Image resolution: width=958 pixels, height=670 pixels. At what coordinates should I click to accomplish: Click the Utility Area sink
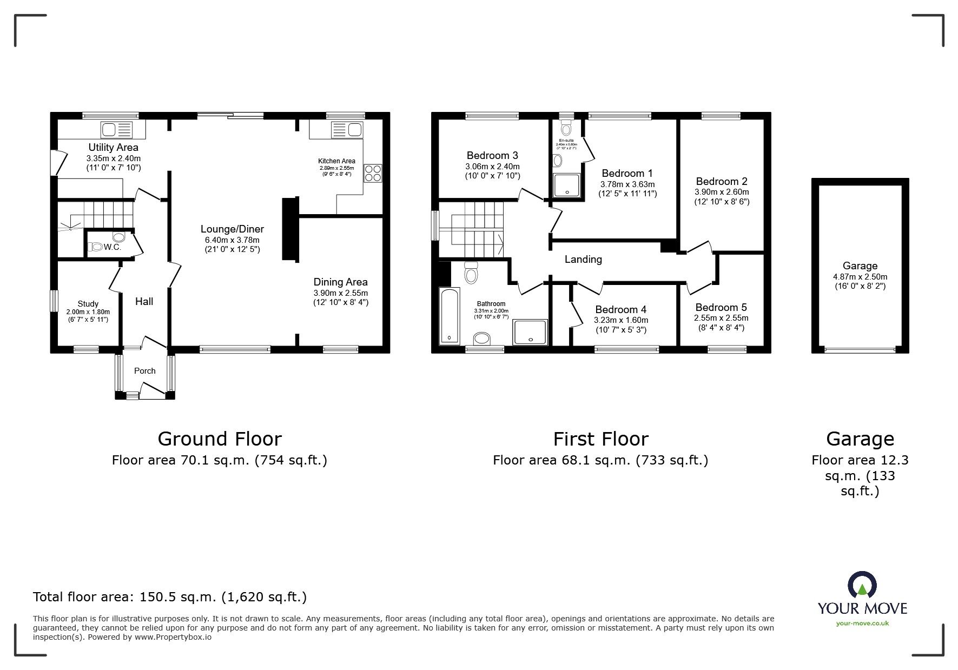point(116,130)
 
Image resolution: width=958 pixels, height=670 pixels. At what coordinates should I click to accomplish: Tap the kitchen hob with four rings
point(373,173)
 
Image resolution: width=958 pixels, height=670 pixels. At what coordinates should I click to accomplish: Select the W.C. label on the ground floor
point(113,247)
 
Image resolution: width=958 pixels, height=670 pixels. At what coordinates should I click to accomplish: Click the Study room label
point(88,304)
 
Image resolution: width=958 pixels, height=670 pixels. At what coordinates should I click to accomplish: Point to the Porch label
point(144,371)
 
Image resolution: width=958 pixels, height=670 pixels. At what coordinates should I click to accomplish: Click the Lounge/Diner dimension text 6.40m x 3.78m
point(233,240)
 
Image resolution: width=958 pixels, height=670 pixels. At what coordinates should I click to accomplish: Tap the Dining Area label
point(340,282)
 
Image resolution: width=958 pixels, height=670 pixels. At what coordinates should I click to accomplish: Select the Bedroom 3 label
point(492,156)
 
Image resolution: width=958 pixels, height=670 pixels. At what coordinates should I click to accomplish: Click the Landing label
point(583,260)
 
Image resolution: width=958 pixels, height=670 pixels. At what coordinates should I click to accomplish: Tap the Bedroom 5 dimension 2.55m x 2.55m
point(721,318)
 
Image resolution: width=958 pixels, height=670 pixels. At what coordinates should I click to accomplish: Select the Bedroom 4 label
point(620,310)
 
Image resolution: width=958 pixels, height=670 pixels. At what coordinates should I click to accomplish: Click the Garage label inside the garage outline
point(860,266)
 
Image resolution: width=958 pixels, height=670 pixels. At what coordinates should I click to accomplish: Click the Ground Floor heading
point(220,439)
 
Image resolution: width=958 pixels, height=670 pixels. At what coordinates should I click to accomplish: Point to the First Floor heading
point(600,439)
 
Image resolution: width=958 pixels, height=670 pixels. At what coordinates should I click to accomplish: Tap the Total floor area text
point(170,597)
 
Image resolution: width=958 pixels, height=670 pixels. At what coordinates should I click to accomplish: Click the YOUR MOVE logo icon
point(862,586)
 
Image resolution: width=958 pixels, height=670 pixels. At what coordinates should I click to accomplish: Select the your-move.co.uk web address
point(862,623)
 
